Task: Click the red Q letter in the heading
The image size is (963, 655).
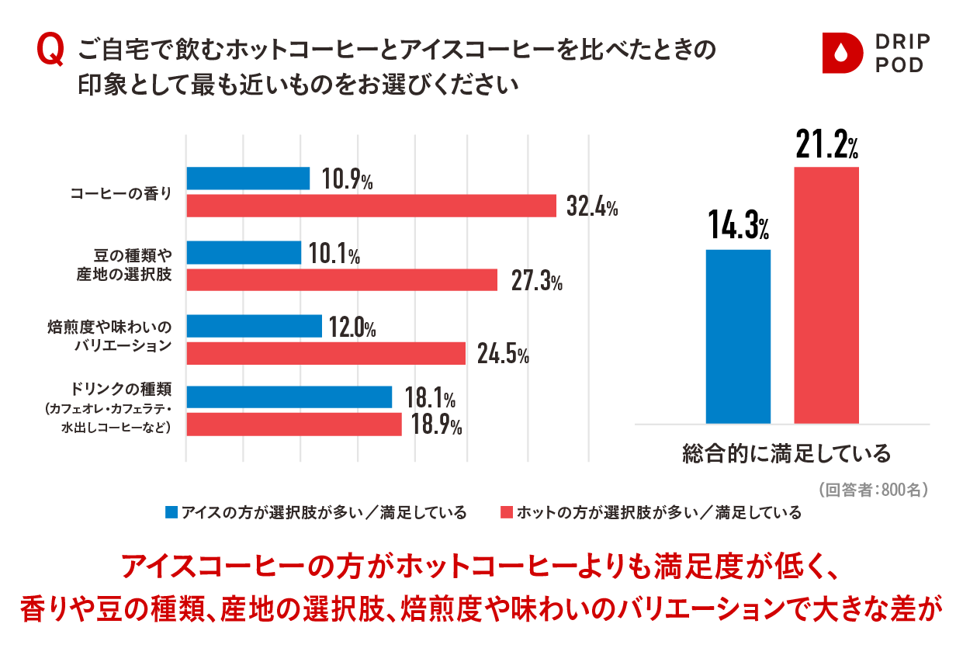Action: [50, 50]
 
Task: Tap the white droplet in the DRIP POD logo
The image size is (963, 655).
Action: [841, 54]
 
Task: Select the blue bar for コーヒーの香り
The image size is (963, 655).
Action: [248, 178]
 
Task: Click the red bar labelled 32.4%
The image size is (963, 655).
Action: [372, 206]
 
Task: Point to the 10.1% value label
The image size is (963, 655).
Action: [334, 253]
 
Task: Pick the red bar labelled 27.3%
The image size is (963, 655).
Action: [341, 279]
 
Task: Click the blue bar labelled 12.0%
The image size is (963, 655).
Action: [254, 326]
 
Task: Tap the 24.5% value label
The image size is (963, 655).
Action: [503, 355]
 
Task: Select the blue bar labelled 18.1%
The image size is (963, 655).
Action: [289, 397]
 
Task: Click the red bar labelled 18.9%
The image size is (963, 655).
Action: [294, 425]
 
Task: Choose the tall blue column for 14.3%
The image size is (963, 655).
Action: [738, 337]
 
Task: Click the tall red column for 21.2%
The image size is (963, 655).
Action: [826, 296]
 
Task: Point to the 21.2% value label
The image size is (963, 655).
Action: [826, 144]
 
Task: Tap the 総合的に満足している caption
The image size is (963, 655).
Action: [786, 454]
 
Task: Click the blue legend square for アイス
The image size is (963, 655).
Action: [171, 512]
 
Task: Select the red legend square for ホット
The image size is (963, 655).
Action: [507, 512]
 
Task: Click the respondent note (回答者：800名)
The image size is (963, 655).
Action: [873, 490]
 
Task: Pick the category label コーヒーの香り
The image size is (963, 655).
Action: [121, 193]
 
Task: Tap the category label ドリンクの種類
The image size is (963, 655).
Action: [121, 390]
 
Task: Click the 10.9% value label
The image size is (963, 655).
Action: [347, 179]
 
